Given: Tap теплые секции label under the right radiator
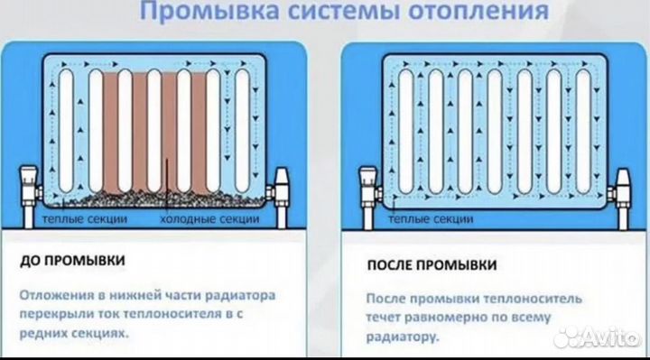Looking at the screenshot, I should point(423,220).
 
